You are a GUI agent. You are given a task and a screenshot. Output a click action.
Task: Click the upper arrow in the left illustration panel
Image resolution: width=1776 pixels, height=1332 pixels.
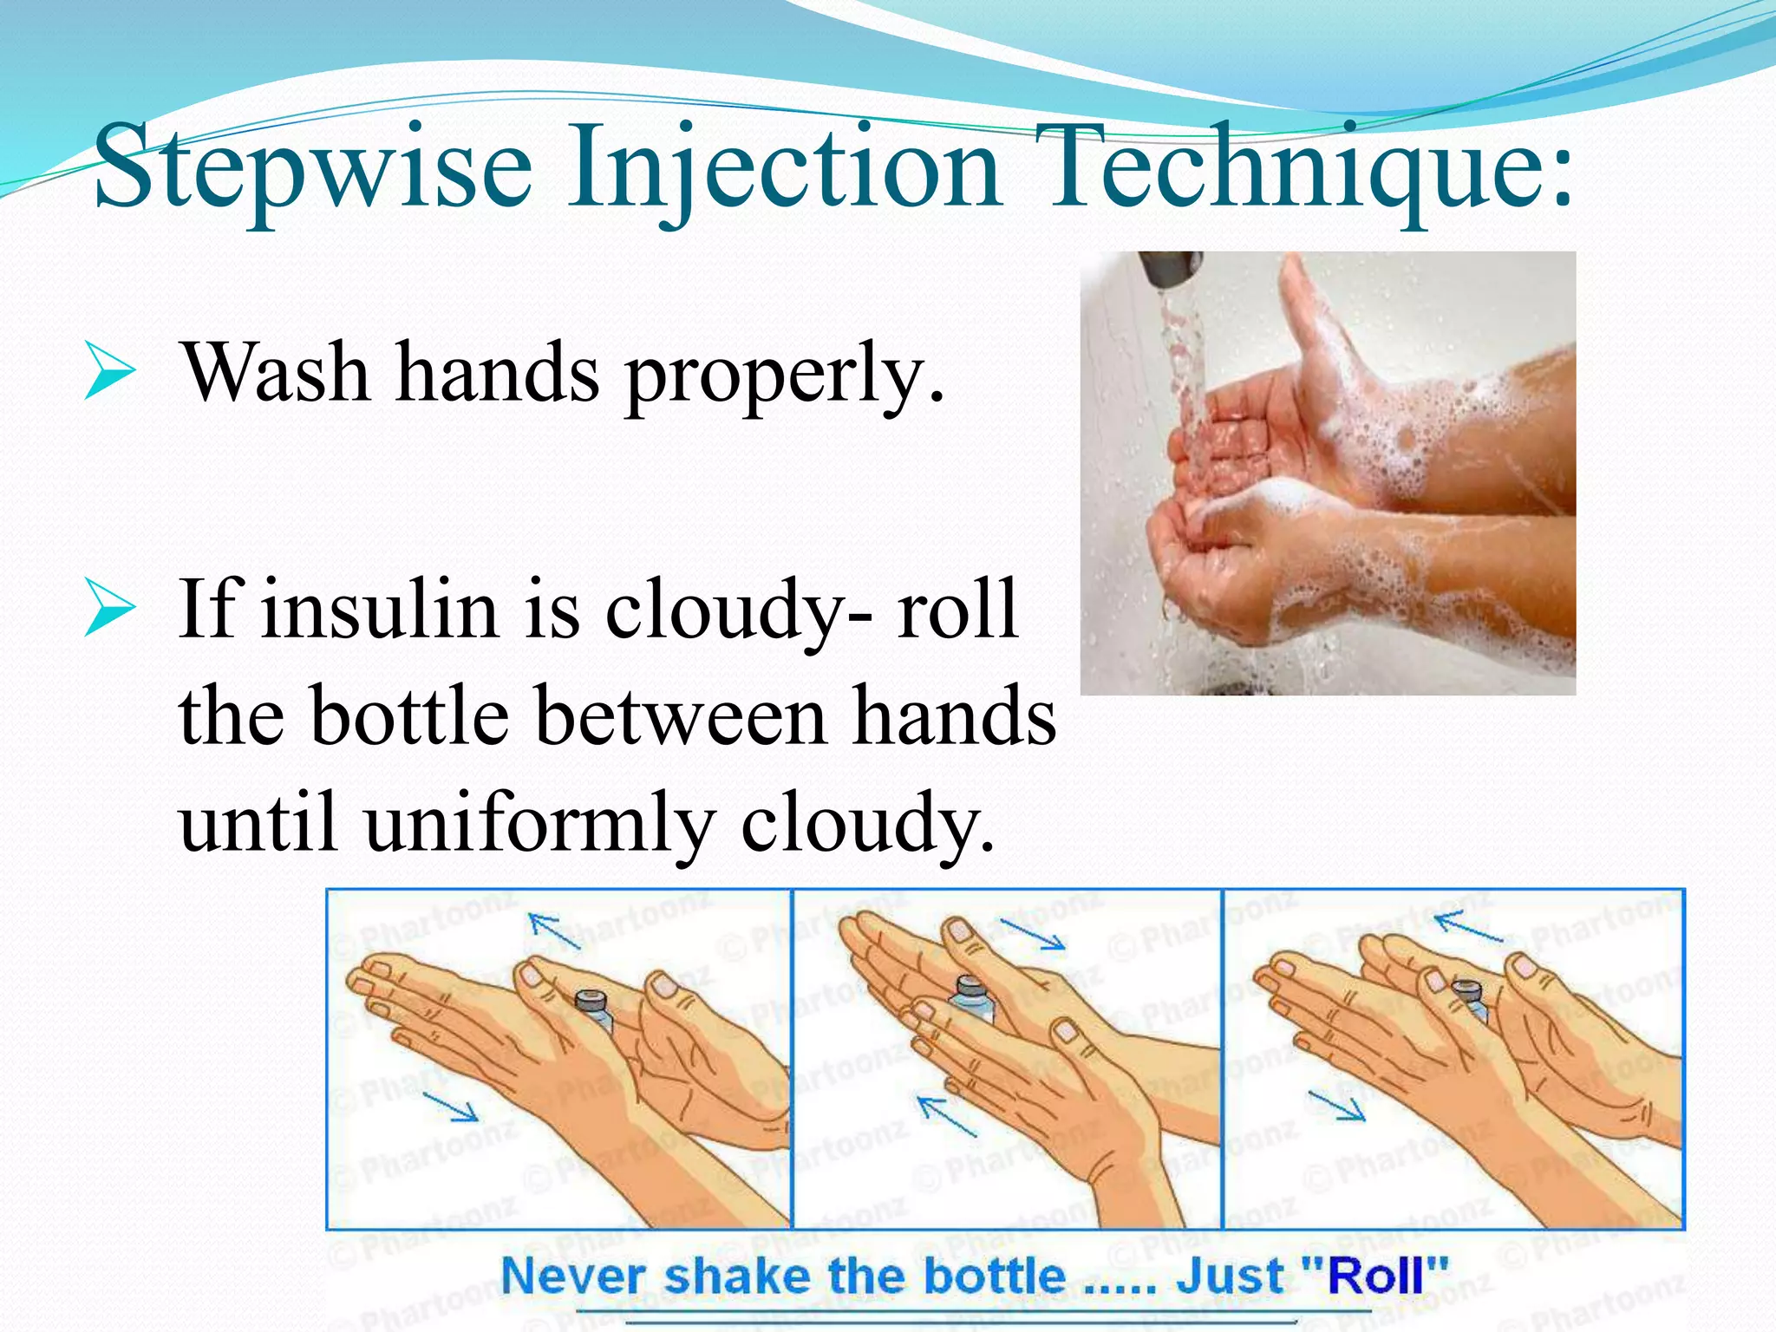pos(555,932)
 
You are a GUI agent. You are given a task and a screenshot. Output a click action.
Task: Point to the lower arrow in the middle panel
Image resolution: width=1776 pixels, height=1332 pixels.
pos(947,1116)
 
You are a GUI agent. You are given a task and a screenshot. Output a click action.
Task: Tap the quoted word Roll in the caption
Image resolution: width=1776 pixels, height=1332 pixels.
pos(1375,1276)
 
